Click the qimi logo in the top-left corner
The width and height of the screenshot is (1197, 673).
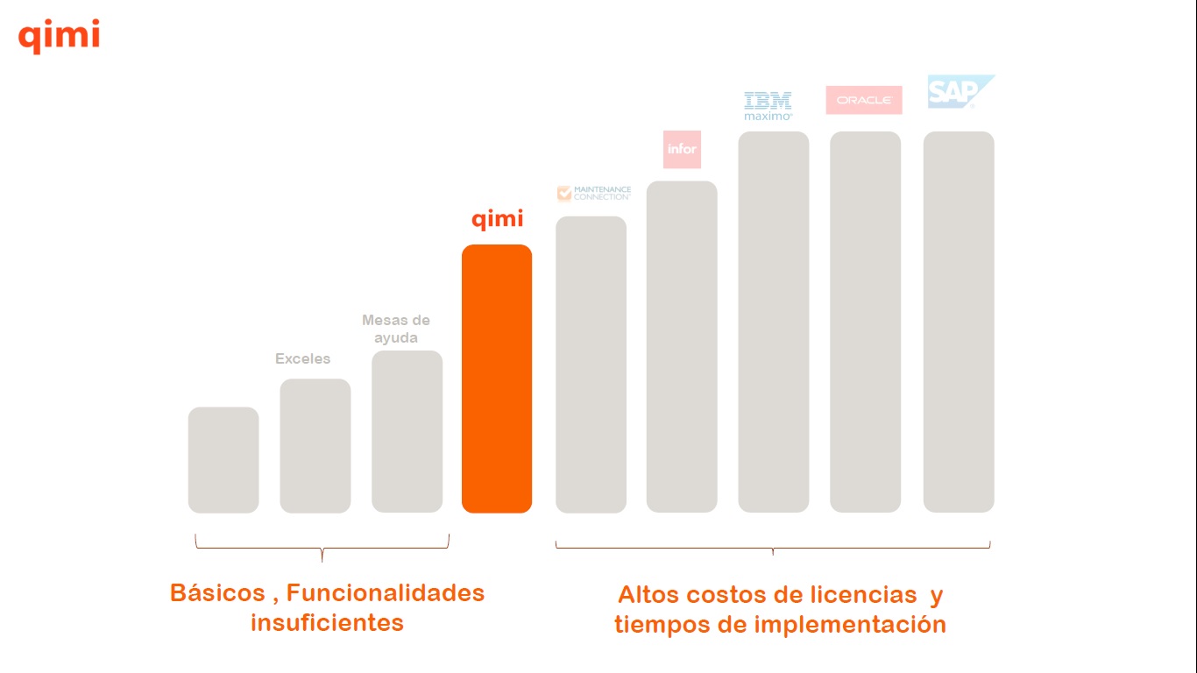click(x=59, y=37)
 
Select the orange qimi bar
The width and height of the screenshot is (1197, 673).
click(x=497, y=379)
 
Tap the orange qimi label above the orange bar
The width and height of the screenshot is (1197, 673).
click(x=497, y=219)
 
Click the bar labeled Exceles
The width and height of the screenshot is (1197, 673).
click(x=315, y=445)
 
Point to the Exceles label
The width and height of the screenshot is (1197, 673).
click(x=303, y=358)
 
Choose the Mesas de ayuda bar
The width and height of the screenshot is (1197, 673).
click(x=407, y=431)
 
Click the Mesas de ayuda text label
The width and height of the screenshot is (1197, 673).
click(x=396, y=329)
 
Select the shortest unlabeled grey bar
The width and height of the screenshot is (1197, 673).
click(x=223, y=460)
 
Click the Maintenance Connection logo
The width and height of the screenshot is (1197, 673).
click(x=594, y=193)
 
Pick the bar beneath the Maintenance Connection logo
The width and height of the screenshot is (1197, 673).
click(x=591, y=365)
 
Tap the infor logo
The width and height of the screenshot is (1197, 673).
click(x=682, y=149)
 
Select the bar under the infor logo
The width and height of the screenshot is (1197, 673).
click(x=682, y=347)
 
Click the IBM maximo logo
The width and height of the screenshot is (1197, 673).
click(x=768, y=105)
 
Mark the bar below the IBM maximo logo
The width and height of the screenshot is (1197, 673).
click(x=773, y=322)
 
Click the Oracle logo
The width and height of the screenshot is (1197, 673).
click(x=863, y=100)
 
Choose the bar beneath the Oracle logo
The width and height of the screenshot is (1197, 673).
click(x=865, y=322)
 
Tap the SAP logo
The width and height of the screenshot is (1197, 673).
click(x=960, y=92)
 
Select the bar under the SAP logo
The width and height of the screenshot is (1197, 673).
click(x=959, y=322)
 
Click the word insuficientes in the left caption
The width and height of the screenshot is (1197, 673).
click(x=327, y=623)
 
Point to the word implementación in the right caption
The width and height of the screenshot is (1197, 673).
click(x=850, y=625)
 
